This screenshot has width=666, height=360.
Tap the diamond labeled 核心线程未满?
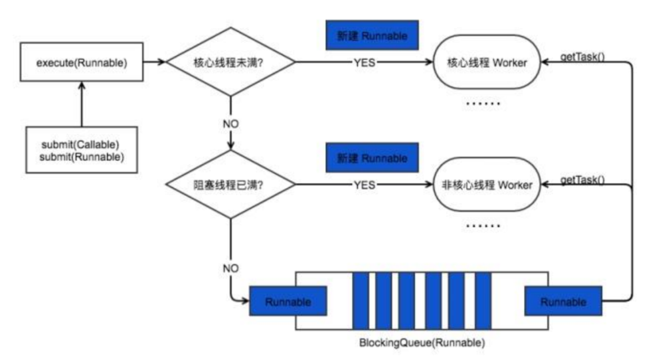[230, 64]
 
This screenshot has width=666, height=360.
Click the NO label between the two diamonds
[230, 124]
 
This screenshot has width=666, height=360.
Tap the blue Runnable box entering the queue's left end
[288, 302]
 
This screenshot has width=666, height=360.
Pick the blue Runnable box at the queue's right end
[563, 302]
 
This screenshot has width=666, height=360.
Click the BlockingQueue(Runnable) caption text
[422, 343]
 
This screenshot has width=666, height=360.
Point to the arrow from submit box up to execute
[82, 104]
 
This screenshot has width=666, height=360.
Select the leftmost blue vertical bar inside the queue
[360, 302]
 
